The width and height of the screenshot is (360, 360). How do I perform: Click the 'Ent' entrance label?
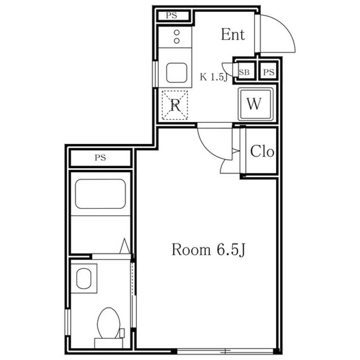233,34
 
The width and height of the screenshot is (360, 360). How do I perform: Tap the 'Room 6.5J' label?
209,250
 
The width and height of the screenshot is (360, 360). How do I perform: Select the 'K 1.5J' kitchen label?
214,77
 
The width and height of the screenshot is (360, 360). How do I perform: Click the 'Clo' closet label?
262,151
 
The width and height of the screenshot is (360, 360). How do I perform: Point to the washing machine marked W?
256,104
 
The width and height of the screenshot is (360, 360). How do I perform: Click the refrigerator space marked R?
175,105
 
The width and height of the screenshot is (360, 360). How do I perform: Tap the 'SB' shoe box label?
244,72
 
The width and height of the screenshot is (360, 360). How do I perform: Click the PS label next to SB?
269,72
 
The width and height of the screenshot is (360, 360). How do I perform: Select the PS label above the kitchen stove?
171,16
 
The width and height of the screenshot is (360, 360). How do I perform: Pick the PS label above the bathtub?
100,157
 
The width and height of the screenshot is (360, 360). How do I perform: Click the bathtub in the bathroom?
100,194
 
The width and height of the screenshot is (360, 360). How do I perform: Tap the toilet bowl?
109,323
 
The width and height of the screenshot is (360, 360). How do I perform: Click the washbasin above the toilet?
84,278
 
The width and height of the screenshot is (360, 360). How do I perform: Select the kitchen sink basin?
176,72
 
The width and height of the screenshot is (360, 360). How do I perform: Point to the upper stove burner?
177,33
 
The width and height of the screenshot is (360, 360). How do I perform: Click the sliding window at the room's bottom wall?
225,351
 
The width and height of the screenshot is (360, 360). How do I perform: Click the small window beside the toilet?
68,322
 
